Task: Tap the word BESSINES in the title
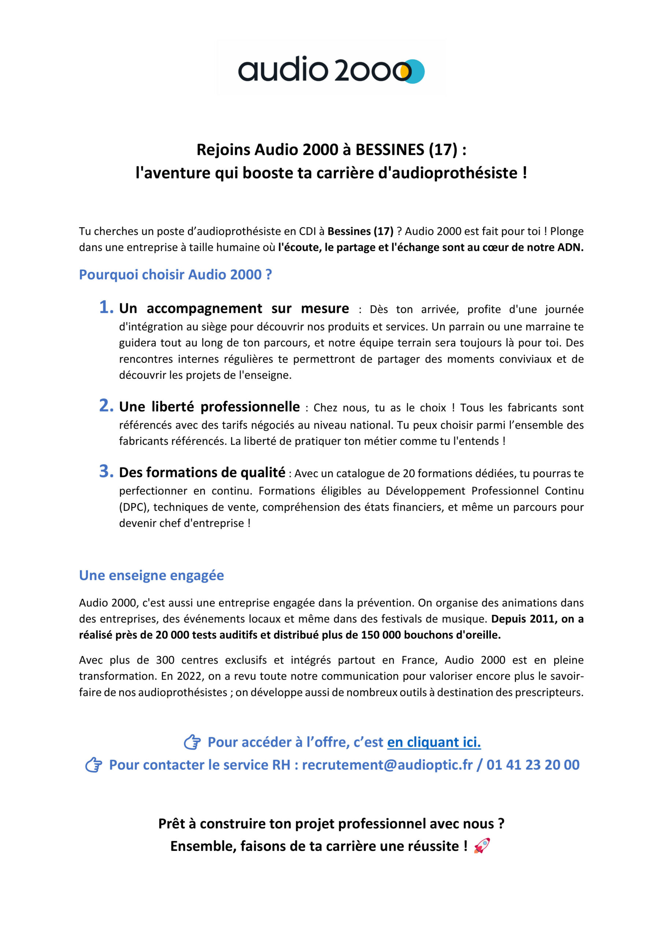[x=390, y=150]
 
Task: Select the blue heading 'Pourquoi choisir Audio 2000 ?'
[x=175, y=274]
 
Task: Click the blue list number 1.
[x=106, y=307]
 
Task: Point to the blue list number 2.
[x=106, y=406]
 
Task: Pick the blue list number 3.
[x=106, y=472]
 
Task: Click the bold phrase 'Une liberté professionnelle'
[x=209, y=407]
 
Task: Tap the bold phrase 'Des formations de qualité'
[x=202, y=473]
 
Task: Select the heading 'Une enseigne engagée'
[x=151, y=575]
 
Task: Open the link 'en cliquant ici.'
[x=434, y=742]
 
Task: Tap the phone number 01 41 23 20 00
[x=533, y=765]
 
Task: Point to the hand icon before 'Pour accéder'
[x=192, y=742]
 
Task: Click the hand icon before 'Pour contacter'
[x=93, y=765]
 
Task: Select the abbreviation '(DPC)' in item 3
[x=134, y=507]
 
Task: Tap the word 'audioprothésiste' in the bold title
[x=448, y=173]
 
